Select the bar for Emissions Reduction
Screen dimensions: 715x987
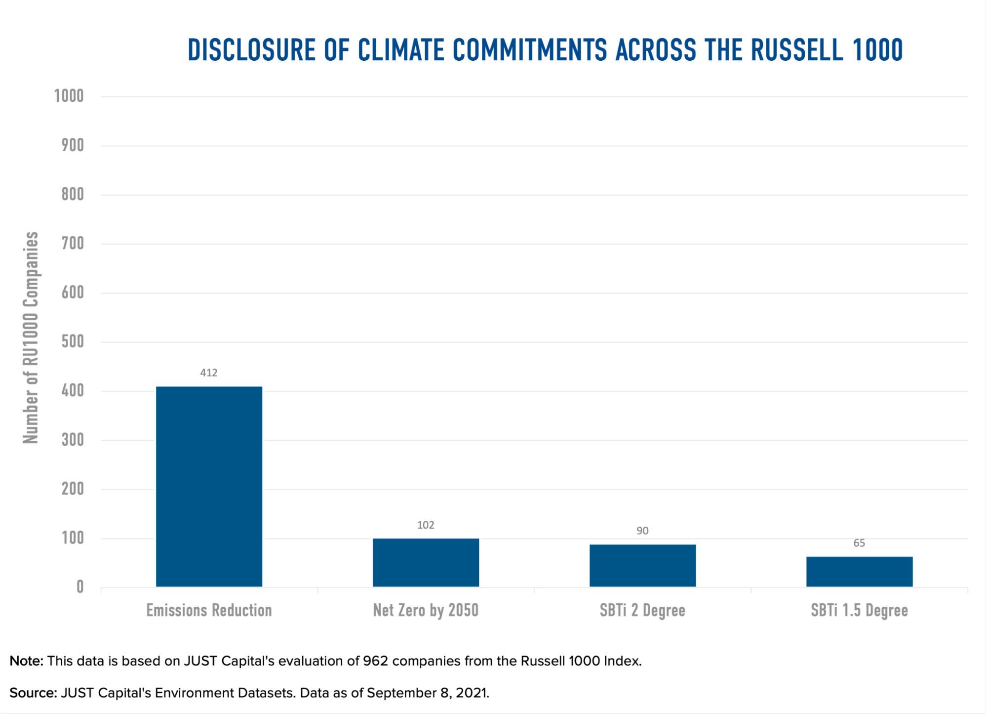click(209, 487)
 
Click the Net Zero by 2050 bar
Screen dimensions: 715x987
click(426, 562)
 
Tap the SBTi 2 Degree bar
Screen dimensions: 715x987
click(642, 565)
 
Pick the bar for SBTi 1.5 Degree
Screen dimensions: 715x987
click(859, 572)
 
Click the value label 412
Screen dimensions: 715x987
click(209, 373)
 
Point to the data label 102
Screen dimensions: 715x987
click(426, 525)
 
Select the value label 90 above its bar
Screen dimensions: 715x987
click(642, 531)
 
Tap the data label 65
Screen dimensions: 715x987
click(859, 543)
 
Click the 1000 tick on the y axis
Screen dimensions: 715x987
click(69, 96)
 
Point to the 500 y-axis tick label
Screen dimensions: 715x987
click(73, 341)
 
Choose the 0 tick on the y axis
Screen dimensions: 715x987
click(80, 587)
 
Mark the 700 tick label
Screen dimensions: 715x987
click(73, 243)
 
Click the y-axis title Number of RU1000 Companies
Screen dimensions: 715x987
click(31, 337)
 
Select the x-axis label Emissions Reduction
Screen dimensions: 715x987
click(209, 611)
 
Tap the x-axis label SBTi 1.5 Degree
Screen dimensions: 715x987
click(859, 611)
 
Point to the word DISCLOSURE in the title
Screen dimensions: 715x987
click(251, 50)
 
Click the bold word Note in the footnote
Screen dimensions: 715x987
click(25, 661)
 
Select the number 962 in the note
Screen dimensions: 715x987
click(375, 661)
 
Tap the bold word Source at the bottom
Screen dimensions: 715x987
click(32, 693)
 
